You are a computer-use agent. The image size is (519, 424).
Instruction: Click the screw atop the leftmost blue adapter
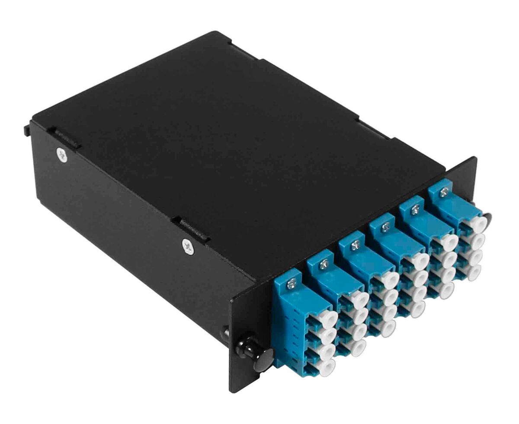pos(292,284)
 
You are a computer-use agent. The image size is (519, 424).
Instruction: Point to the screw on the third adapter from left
pos(355,246)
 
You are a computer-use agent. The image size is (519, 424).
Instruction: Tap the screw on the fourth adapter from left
pos(385,225)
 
